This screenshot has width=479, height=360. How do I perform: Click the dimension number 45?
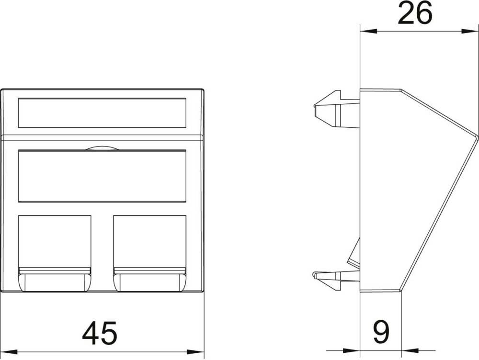[x=100, y=333]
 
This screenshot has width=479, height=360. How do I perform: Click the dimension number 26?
[x=415, y=13]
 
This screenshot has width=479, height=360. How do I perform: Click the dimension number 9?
[x=381, y=332]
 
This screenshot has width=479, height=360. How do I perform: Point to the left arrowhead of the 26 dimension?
[x=368, y=31]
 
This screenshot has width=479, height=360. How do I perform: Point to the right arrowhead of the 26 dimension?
[x=469, y=31]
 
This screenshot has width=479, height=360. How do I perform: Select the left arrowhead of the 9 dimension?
[x=352, y=351]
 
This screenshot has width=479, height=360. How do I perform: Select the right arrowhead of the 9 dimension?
[x=410, y=351]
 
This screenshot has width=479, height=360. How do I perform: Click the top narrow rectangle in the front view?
[x=102, y=112]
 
